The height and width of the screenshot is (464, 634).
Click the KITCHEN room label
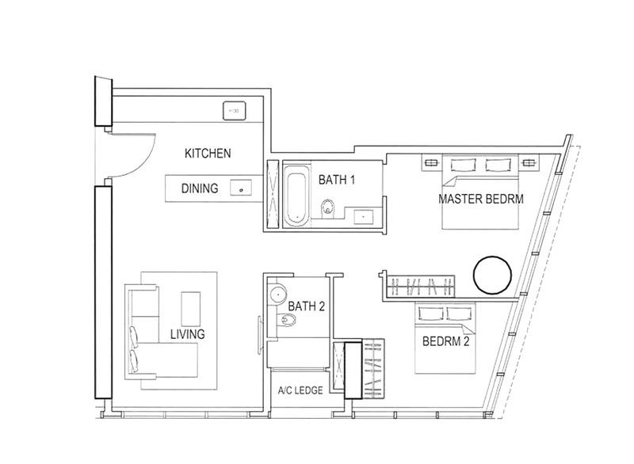208,153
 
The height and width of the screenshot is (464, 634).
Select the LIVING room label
187,334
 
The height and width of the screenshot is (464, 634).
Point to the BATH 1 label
337,180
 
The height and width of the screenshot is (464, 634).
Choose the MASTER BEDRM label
481,199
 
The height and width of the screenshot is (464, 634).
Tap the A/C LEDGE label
298,391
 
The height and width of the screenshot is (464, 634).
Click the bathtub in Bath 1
293,195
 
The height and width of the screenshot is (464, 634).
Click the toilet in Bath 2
288,321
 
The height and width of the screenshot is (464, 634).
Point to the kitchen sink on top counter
235,111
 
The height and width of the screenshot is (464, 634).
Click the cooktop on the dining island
239,188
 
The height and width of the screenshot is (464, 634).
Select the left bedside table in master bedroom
433,164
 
